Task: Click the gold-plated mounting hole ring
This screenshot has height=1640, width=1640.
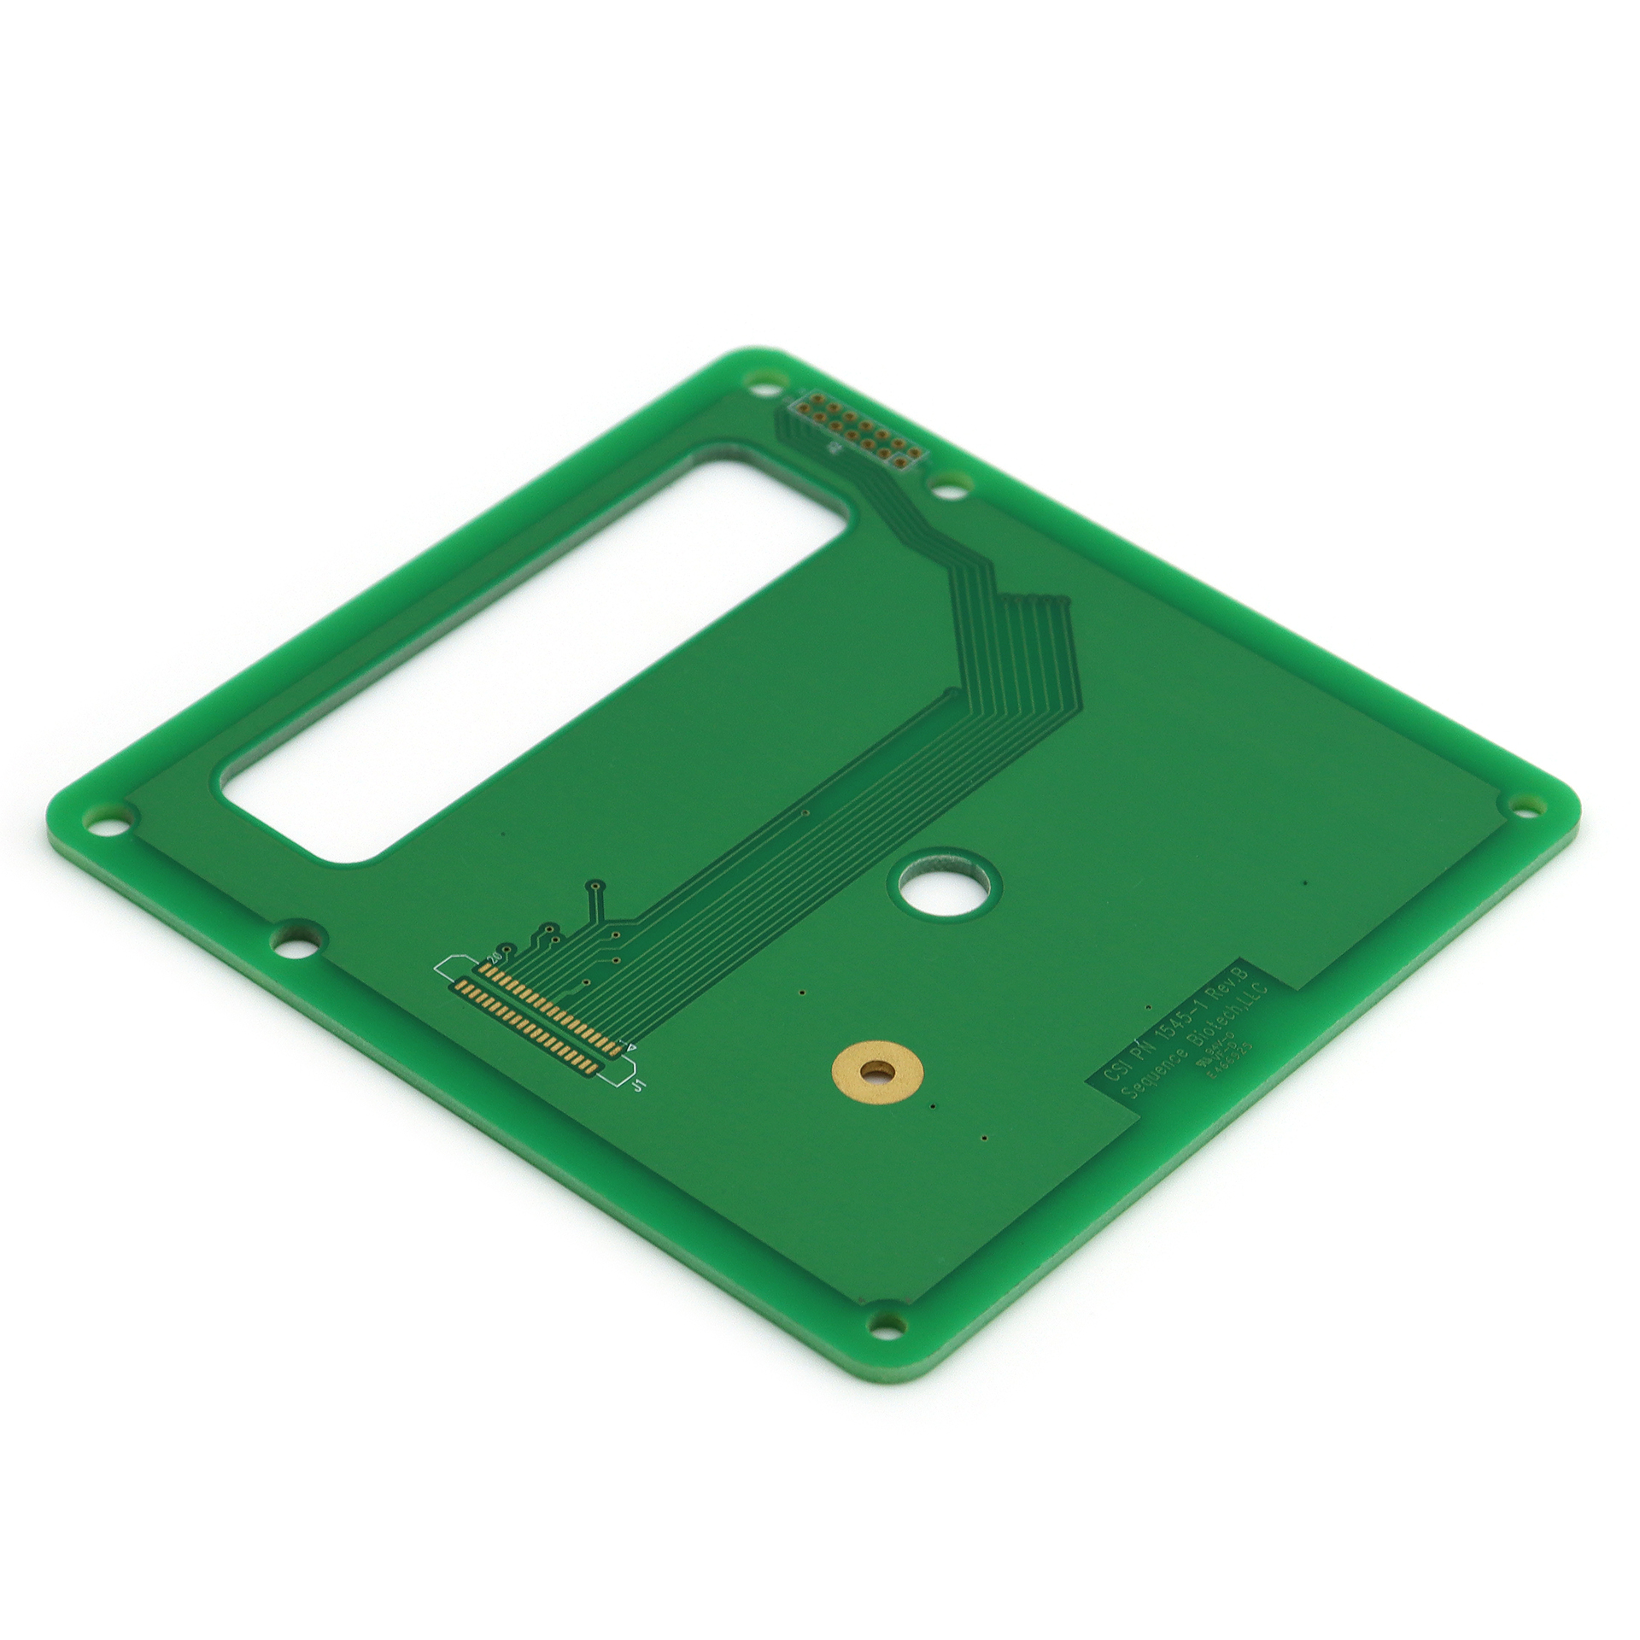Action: (x=876, y=1071)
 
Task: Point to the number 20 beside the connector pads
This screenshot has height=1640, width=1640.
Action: (x=494, y=958)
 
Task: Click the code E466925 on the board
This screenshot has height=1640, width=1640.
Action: (x=1230, y=1061)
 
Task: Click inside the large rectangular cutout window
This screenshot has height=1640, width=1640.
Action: (x=530, y=658)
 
